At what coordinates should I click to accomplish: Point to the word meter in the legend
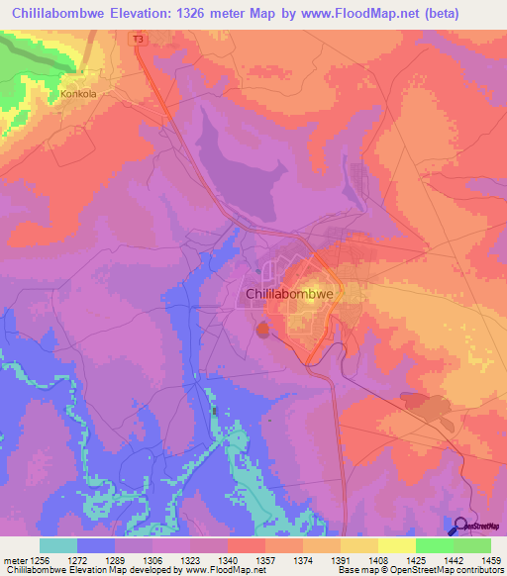pos(15,559)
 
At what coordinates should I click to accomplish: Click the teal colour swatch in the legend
pos(58,545)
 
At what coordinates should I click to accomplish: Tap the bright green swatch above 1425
pos(434,545)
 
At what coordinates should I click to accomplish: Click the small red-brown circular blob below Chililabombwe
pos(262,328)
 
